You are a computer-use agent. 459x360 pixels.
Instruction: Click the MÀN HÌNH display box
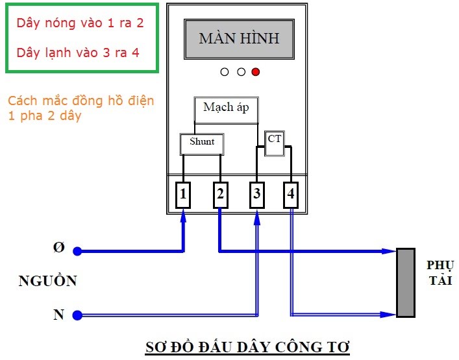[239, 38]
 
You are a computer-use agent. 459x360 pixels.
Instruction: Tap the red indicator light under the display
[256, 71]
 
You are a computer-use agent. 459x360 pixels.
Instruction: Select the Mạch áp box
[226, 109]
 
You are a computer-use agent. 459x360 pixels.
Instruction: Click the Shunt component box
[201, 143]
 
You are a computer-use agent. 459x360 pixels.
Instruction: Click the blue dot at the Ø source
[77, 251]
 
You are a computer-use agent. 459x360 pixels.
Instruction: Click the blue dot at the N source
[77, 315]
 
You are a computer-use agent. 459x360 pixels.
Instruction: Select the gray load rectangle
[406, 283]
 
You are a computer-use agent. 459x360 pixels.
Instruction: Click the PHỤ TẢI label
[440, 273]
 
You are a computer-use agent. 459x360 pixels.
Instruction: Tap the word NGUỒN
[47, 282]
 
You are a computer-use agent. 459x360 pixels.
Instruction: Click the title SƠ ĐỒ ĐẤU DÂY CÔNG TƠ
[247, 347]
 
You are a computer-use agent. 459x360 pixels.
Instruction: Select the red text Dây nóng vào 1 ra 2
[81, 24]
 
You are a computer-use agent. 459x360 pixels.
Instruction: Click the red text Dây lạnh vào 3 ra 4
[78, 53]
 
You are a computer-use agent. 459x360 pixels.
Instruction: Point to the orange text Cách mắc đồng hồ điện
[81, 102]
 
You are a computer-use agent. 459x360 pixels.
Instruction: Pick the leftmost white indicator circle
[225, 71]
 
